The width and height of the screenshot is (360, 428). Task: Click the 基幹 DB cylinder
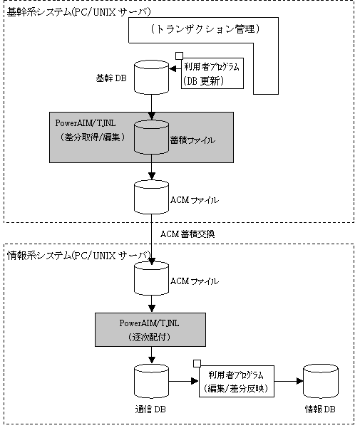tap(151, 77)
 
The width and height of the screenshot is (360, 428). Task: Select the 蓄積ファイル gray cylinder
tap(151, 137)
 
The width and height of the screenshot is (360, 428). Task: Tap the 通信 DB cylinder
tap(151, 381)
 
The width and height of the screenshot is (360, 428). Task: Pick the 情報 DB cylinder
tap(321, 381)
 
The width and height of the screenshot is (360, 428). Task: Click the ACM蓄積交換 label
tap(187, 234)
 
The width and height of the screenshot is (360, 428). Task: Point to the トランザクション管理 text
tap(205, 29)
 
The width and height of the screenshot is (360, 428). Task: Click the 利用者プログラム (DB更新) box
tap(212, 73)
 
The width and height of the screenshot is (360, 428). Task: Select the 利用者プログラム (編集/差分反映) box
tap(237, 381)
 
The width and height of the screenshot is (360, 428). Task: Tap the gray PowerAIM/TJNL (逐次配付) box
tap(150, 330)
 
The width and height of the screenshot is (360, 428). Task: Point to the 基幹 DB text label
tap(111, 78)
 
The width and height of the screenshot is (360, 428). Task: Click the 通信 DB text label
tap(150, 409)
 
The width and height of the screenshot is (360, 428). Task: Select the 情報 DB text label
tap(320, 409)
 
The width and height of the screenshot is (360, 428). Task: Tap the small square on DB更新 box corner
tap(179, 56)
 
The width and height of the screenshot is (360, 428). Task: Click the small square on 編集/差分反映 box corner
tap(197, 364)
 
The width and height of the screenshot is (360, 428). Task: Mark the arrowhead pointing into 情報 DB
tap(300, 381)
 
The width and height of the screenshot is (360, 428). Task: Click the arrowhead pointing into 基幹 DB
tap(173, 69)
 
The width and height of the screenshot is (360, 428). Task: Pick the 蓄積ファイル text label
tap(193, 140)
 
